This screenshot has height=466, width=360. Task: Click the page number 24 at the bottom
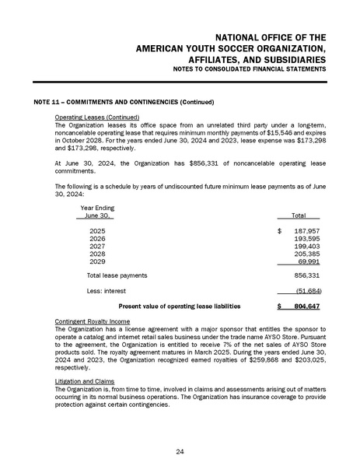point(180,450)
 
